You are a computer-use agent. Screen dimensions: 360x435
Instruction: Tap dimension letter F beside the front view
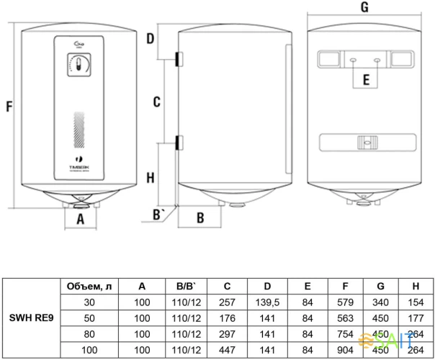tap(9, 106)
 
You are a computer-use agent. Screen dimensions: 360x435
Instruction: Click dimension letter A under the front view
tap(81, 217)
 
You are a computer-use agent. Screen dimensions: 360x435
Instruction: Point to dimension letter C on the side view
tap(156, 102)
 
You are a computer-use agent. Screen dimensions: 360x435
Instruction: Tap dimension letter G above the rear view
tap(364, 8)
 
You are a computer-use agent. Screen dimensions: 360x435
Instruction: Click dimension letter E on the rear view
tap(366, 80)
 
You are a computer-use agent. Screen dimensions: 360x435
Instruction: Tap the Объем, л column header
tap(89, 286)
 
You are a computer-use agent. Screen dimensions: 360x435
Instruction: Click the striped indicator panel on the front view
tap(79, 130)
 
